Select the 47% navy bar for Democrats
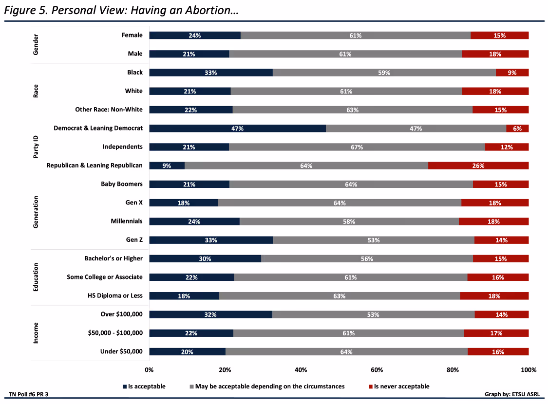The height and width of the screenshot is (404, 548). tap(237, 129)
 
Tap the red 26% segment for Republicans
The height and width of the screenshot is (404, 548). tap(478, 165)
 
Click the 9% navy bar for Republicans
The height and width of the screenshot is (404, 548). tap(167, 165)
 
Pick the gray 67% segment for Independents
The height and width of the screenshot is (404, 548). tap(357, 147)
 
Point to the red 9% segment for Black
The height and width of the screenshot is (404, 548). tap(512, 73)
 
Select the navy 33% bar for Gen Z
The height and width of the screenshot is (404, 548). tap(211, 240)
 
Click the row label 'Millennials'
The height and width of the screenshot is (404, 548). tap(127, 221)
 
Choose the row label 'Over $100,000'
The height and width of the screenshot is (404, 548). tap(121, 314)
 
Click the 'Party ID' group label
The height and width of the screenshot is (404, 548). tap(36, 147)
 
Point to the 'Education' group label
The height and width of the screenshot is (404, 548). tap(36, 277)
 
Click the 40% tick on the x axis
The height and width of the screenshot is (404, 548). tap(301, 370)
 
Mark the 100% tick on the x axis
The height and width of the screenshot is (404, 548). tap(528, 370)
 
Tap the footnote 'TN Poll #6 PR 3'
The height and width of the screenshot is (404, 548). tap(29, 394)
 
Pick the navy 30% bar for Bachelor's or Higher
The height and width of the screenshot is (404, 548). tap(205, 258)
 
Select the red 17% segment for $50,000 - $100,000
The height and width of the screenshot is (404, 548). tap(496, 333)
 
